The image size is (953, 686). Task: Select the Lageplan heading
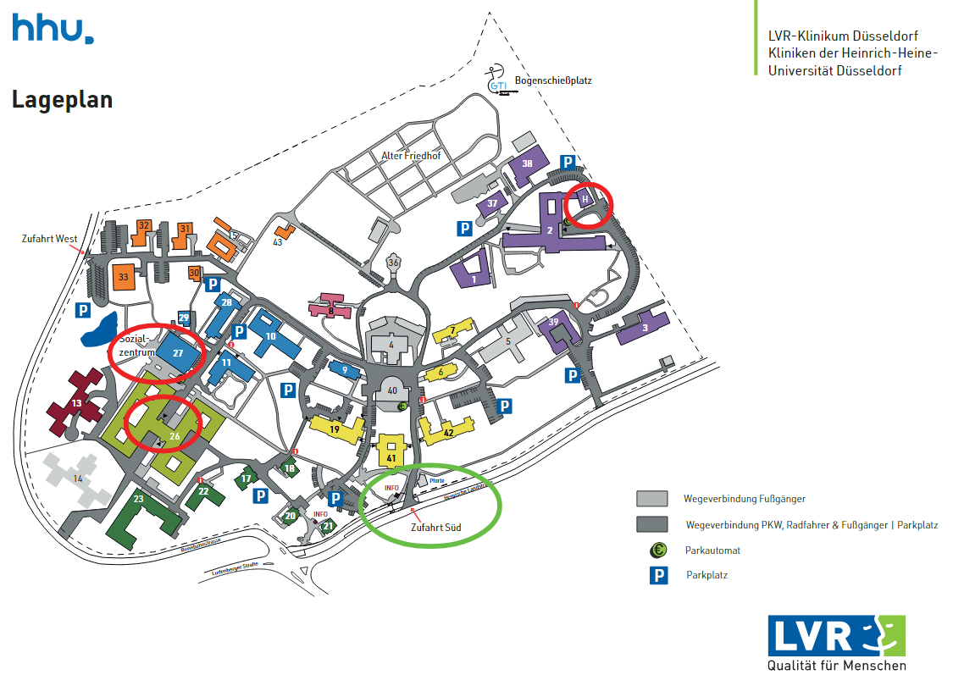pyautogui.click(x=62, y=100)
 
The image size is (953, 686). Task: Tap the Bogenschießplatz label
pyautogui.click(x=552, y=81)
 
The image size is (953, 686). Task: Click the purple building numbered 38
pyautogui.click(x=527, y=164)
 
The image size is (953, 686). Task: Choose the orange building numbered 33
pyautogui.click(x=123, y=277)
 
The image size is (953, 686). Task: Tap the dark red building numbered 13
pyautogui.click(x=77, y=404)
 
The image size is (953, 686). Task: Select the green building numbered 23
pyautogui.click(x=138, y=501)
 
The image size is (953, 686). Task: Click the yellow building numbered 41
pyautogui.click(x=391, y=456)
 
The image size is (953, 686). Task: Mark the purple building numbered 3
pyautogui.click(x=645, y=328)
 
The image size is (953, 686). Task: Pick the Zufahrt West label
pyautogui.click(x=49, y=239)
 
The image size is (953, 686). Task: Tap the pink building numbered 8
pyautogui.click(x=331, y=309)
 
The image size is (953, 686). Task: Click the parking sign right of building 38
pyautogui.click(x=568, y=163)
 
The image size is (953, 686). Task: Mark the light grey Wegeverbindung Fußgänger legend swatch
pyautogui.click(x=652, y=498)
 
